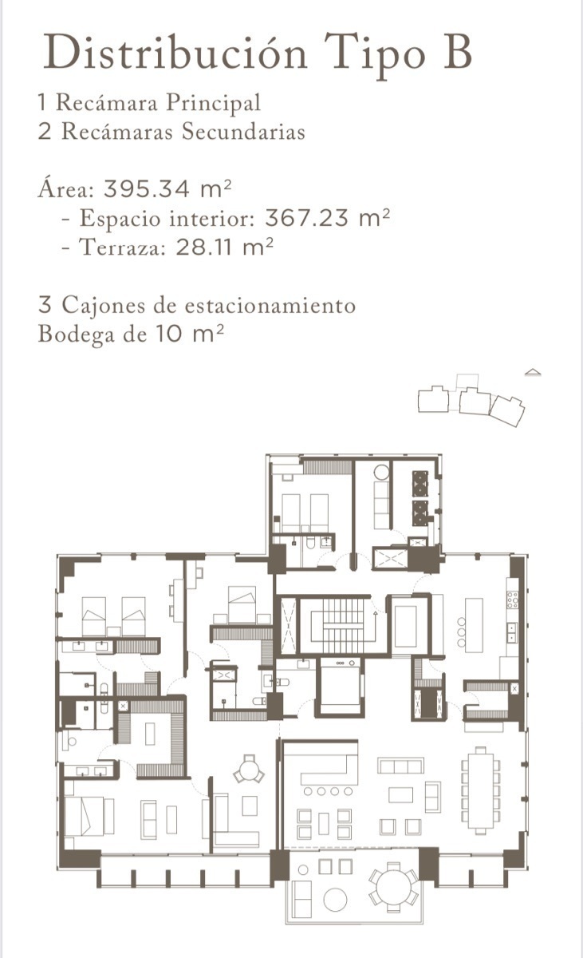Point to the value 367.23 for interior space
(310, 218)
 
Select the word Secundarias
(243, 131)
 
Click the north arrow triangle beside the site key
(533, 371)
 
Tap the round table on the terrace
(393, 885)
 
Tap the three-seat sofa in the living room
(400, 766)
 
